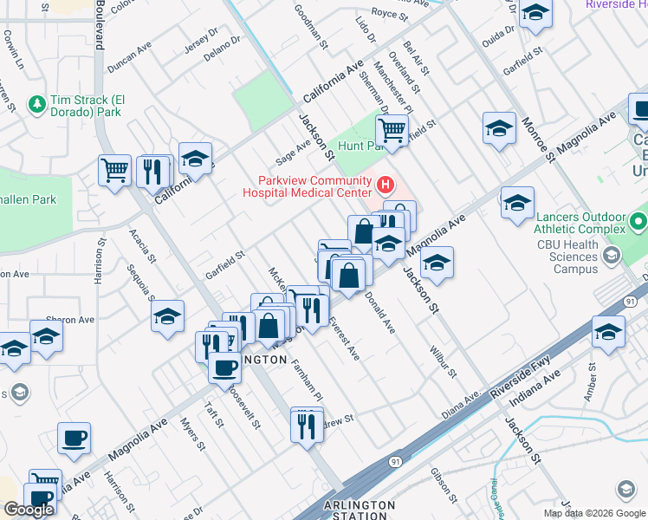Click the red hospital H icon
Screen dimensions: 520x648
[x=386, y=185]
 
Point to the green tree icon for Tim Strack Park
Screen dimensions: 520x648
[x=37, y=105]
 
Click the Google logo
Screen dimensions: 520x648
[x=29, y=510]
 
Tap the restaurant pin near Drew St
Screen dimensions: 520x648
[x=306, y=426]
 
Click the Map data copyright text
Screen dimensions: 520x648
[x=594, y=513]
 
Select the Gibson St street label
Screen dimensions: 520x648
[x=444, y=485]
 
